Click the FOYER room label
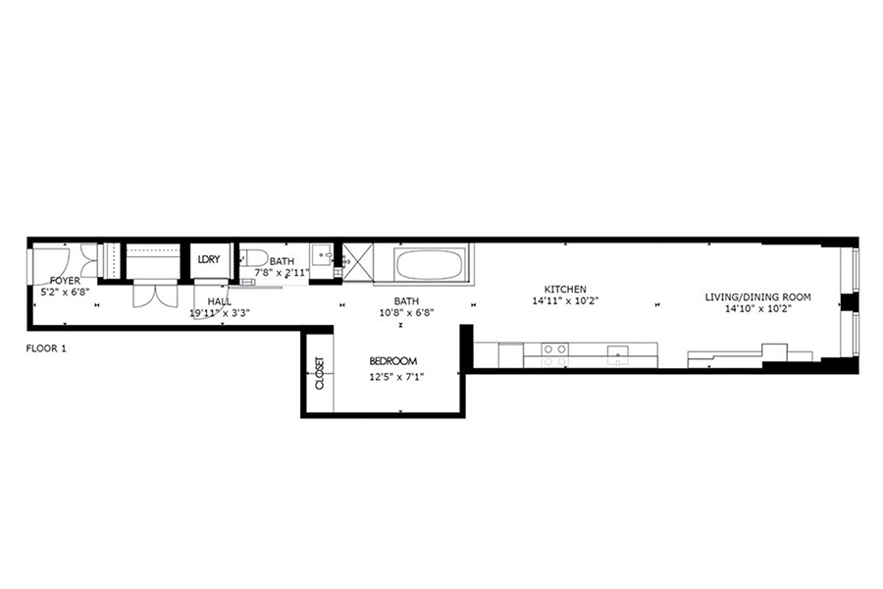pos(65,281)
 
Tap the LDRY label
pos(208,260)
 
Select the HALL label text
pos(219,302)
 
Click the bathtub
pos(429,264)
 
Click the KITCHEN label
pos(565,290)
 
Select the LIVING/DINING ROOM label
pos(758,297)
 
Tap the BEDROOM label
pos(393,361)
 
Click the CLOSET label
pos(319,373)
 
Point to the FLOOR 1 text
pos(46,348)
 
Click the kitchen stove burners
pos(554,355)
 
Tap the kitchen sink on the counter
pos(618,354)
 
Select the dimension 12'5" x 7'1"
pos(396,377)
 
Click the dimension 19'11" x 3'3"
pos(220,313)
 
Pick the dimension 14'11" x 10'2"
pos(565,301)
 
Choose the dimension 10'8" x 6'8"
pos(406,313)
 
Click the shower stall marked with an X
pos(357,261)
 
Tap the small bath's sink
pos(321,260)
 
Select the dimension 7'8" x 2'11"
pos(282,272)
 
